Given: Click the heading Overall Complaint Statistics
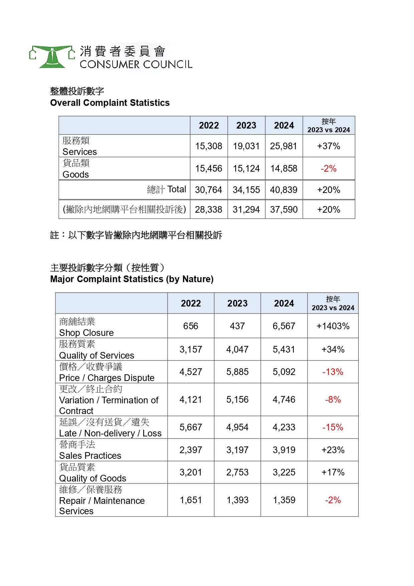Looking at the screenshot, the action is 110,103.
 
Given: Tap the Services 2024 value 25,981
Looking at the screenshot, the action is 283,146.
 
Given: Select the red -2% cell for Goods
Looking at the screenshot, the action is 329,169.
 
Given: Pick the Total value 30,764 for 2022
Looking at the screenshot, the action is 209,190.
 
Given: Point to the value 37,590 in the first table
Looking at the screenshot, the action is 284,210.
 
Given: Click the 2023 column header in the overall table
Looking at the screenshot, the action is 246,126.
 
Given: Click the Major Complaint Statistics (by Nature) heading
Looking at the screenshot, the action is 132,279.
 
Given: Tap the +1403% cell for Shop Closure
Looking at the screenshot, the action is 333,326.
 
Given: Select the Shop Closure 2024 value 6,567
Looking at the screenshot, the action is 284,326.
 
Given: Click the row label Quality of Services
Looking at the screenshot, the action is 97,355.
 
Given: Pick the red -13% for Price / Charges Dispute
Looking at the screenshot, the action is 333,372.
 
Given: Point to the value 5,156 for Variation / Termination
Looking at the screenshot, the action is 237,400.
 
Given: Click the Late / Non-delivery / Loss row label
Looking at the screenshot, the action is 111,433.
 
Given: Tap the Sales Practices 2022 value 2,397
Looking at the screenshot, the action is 191,450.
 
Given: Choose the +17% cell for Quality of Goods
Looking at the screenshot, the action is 333,472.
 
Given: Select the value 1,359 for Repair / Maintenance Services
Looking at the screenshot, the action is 284,500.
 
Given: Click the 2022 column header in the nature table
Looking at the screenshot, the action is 191,304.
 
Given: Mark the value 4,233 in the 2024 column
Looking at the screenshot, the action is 284,427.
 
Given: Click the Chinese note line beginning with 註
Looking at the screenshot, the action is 136,235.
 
